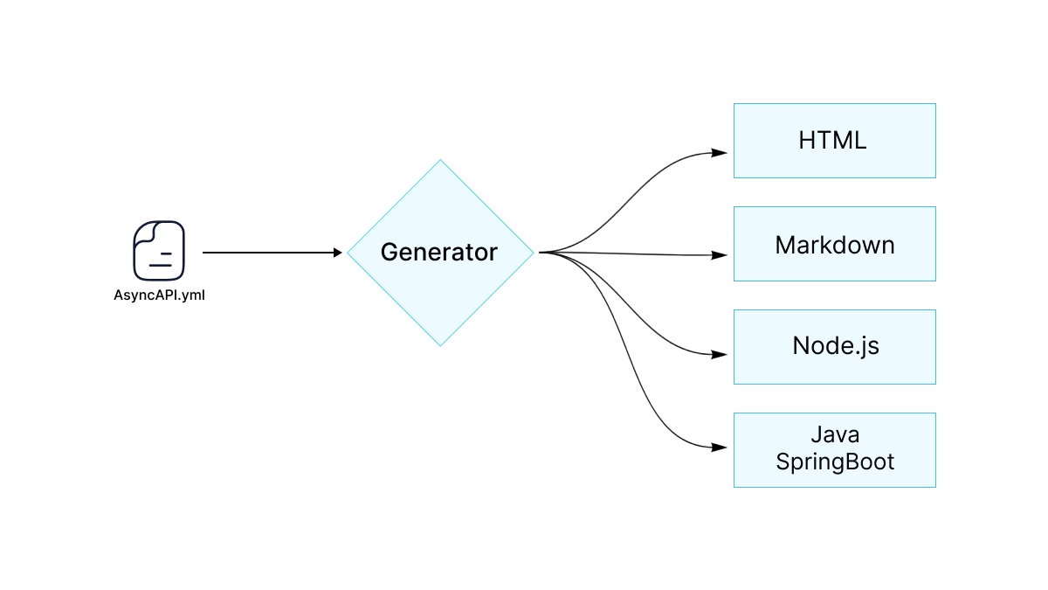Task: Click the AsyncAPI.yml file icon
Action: [x=159, y=251]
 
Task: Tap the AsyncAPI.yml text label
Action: [x=159, y=295]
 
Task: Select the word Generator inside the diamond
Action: [x=439, y=253]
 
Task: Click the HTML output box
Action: [x=834, y=141]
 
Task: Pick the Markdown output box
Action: [x=834, y=244]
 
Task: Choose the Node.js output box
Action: [x=834, y=346]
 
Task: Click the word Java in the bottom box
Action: [x=835, y=434]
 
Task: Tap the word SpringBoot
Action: [x=835, y=462]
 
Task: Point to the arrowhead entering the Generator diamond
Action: [x=337, y=253]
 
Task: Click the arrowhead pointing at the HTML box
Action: [x=720, y=152]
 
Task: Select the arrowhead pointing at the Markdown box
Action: [x=720, y=255]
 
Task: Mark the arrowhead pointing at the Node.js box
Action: [x=720, y=355]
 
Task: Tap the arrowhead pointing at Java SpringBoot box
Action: [x=720, y=448]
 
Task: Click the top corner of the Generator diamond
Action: [x=440, y=161]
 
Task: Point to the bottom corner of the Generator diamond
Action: [x=440, y=344]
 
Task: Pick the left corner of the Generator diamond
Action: [x=348, y=253]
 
